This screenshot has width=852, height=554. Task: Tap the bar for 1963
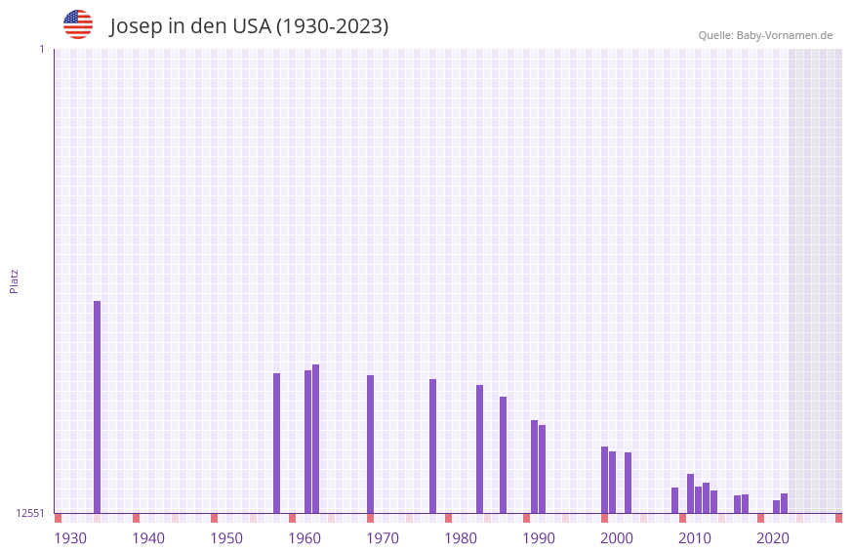coord(315,439)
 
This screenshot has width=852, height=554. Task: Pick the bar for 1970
coord(370,444)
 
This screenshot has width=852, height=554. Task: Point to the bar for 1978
coord(432,446)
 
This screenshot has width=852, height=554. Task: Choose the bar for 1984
coord(479,448)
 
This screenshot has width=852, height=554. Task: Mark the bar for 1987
coord(503,454)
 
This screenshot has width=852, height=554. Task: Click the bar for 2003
coord(628,483)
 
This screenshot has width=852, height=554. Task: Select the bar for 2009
coord(674,500)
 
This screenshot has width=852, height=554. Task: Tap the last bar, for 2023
coord(784,503)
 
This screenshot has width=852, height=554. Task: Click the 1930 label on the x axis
coord(70,538)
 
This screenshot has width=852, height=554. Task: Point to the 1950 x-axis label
coord(226,538)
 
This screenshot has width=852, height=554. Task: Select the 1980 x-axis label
coord(461,538)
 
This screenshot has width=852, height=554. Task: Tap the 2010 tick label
coord(695,538)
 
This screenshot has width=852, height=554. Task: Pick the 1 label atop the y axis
coord(41,49)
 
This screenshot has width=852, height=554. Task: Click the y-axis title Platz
coord(14,280)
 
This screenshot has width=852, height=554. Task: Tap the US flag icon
coord(78,24)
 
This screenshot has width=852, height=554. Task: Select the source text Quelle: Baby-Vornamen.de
coord(765,35)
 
